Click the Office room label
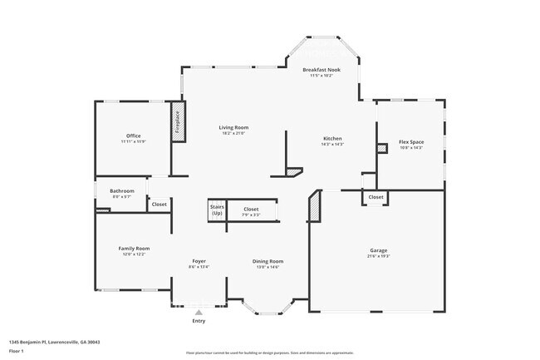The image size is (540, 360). [x=133, y=136]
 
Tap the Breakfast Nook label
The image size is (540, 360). [x=322, y=69]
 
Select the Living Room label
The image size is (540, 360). [x=233, y=127]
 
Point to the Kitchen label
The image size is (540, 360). [x=332, y=138]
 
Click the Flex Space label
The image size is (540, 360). [x=411, y=141]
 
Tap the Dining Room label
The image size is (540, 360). [x=268, y=261]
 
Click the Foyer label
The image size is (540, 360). [x=199, y=261]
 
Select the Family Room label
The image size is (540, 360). [x=134, y=248]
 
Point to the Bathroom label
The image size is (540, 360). [x=121, y=191]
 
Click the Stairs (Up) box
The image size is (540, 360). [x=217, y=210]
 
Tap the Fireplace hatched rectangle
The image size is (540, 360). [x=177, y=121]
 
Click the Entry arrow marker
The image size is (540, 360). [x=199, y=312]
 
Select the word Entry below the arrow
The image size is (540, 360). [x=199, y=321]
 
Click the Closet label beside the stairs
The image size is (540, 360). [x=251, y=209]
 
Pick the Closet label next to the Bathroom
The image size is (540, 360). [x=159, y=204]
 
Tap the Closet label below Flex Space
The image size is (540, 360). [x=376, y=197]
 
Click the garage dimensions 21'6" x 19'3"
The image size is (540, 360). [x=378, y=255]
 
